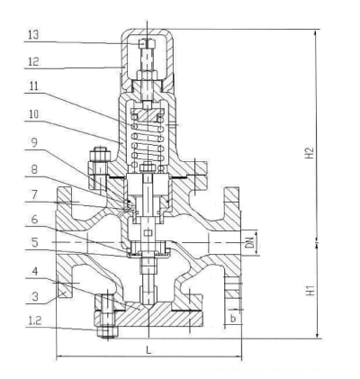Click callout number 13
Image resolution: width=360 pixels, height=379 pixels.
[x=33, y=34]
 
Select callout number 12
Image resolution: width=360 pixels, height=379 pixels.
[x=33, y=61]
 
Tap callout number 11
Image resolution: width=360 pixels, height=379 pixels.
[x=33, y=86]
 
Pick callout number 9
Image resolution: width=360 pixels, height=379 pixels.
[x=34, y=142]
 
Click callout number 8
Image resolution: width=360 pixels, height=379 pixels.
[x=34, y=169]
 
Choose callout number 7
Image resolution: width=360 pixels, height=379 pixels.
[x=34, y=194]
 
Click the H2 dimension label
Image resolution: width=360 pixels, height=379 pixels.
[x=310, y=153]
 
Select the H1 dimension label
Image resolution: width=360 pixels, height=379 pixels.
[x=311, y=291]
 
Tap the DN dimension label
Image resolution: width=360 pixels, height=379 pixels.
[x=249, y=243]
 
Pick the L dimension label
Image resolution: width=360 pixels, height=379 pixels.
[x=148, y=350]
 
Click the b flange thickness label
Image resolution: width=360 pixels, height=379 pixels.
[x=233, y=319]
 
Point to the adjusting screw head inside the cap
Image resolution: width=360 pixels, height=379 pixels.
[x=147, y=44]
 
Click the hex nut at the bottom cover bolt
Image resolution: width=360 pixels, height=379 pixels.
[x=108, y=331]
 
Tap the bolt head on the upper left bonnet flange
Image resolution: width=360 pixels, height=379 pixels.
[x=100, y=154]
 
